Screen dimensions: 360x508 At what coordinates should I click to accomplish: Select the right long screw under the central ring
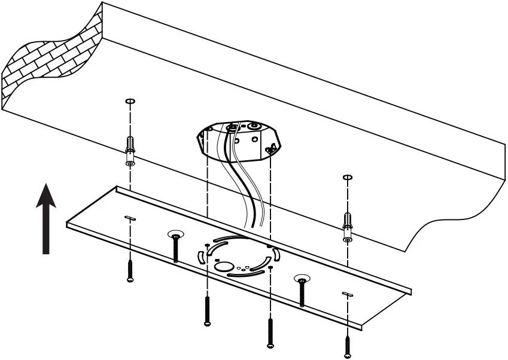click(x=270, y=332)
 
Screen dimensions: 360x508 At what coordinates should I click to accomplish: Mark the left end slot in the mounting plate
click(x=130, y=218)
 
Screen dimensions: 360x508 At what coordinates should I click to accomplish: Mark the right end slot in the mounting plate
click(x=348, y=293)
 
